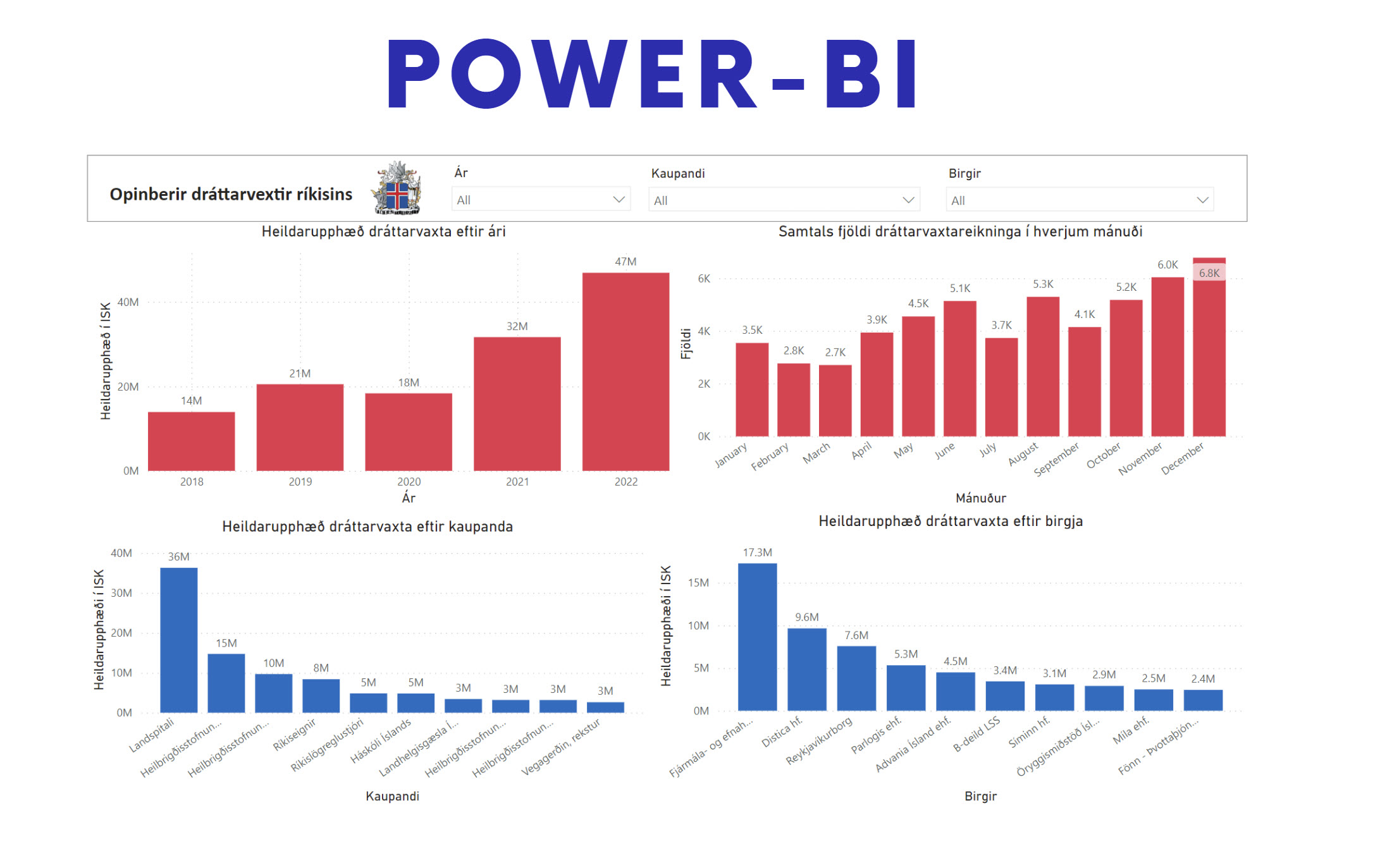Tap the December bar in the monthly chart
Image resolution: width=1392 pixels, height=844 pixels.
(1209, 354)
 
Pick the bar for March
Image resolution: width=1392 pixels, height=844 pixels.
(835, 401)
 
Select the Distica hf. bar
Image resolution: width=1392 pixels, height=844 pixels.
(806, 670)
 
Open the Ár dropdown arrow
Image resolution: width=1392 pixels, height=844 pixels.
(619, 200)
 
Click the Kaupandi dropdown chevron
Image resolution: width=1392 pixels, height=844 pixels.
(908, 200)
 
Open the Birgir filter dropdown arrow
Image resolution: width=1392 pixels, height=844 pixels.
(1202, 200)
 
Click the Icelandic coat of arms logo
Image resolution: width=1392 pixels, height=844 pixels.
(397, 188)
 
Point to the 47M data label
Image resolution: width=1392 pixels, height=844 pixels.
(625, 262)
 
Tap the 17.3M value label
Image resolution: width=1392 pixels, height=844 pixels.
(757, 553)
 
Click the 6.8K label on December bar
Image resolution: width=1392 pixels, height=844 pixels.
(1209, 273)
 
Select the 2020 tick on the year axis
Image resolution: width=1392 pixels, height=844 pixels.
(409, 482)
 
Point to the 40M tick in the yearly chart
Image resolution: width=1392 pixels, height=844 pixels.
(128, 302)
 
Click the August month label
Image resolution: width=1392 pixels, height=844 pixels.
(1023, 454)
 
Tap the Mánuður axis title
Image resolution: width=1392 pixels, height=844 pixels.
(980, 498)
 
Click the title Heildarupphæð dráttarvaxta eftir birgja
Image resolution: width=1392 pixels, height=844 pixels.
(950, 522)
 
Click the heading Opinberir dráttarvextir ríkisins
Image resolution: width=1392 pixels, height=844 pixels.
(231, 194)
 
